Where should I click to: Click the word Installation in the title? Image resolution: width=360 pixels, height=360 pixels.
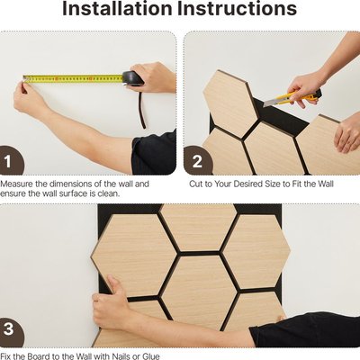coord(117,8)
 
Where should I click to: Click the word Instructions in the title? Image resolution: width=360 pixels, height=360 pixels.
coord(237,8)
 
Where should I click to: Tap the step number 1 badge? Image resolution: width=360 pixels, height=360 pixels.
coord(9,160)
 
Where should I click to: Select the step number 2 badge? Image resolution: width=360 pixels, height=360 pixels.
coord(196,161)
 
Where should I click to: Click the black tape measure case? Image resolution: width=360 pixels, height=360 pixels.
coord(132,78)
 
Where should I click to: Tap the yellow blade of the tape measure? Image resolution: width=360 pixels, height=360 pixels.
coord(73,78)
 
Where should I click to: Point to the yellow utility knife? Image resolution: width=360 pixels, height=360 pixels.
coord(292,97)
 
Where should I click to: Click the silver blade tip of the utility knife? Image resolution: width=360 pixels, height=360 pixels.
coord(266,103)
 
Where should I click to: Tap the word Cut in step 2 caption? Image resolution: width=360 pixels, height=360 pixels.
coord(196,184)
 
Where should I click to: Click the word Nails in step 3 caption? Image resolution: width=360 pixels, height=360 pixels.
coord(122,356)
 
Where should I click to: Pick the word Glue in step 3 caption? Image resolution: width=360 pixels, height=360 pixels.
coord(150,356)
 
